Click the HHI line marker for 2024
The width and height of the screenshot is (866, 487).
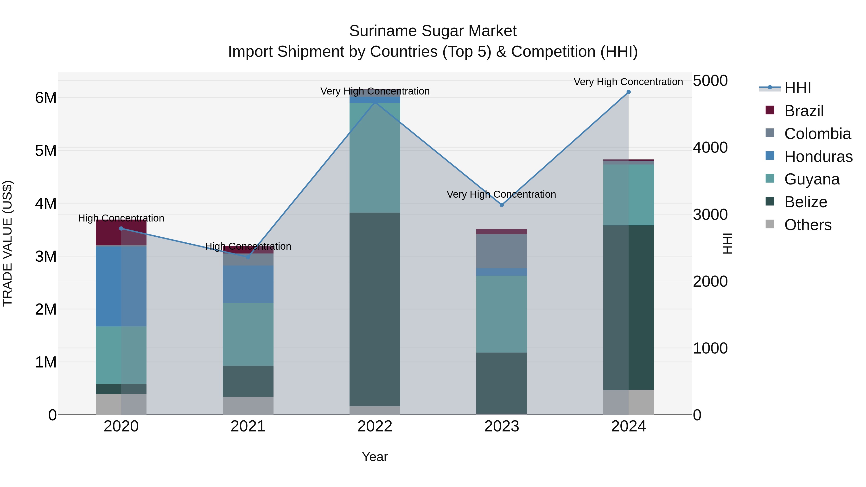[x=628, y=92]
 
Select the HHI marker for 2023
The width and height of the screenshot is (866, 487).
[x=502, y=205]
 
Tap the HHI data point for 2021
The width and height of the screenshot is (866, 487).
[x=248, y=257]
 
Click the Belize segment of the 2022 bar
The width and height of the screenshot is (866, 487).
[x=375, y=309]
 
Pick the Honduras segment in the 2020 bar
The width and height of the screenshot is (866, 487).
[x=121, y=286]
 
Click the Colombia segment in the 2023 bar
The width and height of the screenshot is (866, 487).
[x=502, y=251]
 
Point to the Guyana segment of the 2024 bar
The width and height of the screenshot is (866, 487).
[x=628, y=195]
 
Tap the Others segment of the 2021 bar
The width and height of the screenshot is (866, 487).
[x=248, y=406]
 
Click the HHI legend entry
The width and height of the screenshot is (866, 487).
[x=797, y=88]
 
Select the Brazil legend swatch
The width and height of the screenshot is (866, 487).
[x=770, y=110]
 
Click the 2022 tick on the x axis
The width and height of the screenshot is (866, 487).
[x=375, y=426]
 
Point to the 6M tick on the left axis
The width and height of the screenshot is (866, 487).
[x=46, y=98]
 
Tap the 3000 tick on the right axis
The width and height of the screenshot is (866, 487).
[x=710, y=215]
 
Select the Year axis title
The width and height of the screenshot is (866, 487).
[x=375, y=457]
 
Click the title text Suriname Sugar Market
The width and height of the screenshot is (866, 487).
[x=433, y=31]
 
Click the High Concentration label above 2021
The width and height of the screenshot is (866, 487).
[x=248, y=246]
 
